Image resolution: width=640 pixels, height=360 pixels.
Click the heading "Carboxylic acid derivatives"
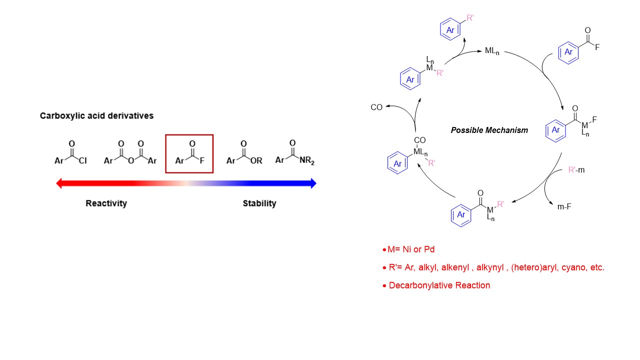(96, 115)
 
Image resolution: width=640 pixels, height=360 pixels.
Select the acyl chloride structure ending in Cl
(71, 155)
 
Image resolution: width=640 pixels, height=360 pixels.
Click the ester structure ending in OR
(243, 155)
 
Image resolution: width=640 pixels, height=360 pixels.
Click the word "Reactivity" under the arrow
(106, 203)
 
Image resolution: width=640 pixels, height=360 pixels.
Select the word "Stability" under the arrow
(259, 203)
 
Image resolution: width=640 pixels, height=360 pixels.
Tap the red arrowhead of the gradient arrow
(59, 183)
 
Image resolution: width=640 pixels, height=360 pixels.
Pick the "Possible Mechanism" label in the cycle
(489, 130)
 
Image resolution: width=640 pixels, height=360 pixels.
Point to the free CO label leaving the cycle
(376, 107)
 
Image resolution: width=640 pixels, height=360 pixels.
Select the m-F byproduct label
(564, 206)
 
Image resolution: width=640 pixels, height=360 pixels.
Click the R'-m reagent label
(576, 170)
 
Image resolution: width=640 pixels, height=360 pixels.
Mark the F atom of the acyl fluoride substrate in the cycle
(597, 48)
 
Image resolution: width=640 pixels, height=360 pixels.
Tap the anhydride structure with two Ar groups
(130, 155)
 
